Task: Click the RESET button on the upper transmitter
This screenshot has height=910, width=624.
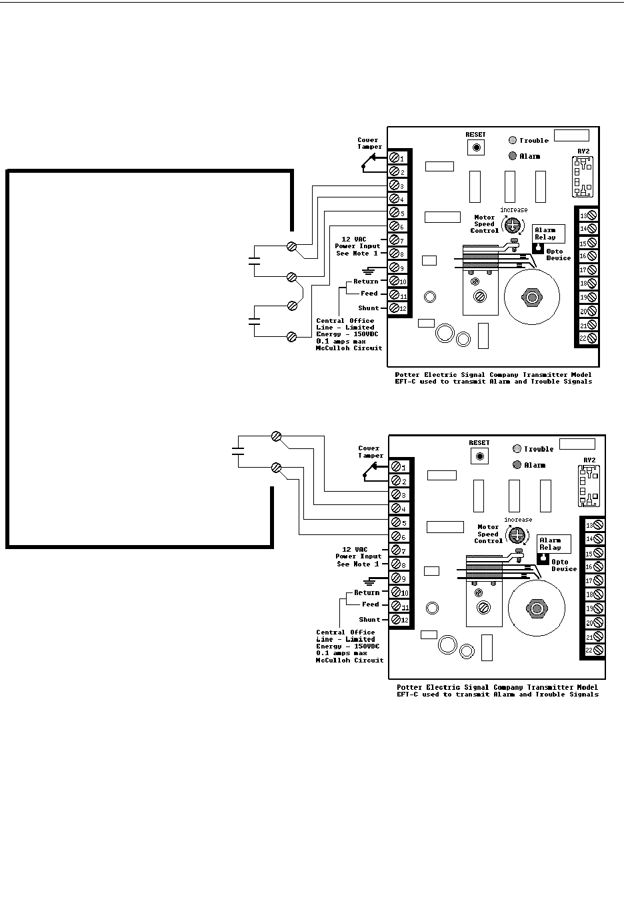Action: coord(476,147)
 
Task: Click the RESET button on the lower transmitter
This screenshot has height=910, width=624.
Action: coord(479,456)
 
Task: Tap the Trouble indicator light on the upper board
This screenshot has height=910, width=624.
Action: coord(512,141)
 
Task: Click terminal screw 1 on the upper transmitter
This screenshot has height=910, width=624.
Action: coord(395,158)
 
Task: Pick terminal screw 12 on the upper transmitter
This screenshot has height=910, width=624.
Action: coord(395,308)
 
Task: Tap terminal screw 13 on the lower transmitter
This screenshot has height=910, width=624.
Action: coord(597,525)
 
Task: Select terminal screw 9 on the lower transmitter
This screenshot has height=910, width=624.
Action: coord(396,578)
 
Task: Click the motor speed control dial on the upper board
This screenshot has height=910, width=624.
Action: coord(513,225)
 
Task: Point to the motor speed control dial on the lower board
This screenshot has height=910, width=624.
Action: coord(515,535)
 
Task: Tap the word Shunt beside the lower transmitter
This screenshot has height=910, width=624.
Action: coord(369,620)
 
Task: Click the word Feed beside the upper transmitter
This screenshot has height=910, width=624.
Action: coord(369,294)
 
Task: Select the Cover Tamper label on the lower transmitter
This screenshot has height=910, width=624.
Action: coord(371,452)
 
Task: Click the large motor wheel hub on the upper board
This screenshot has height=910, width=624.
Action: coord(531,298)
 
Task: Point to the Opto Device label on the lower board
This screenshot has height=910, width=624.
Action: coord(564,565)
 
